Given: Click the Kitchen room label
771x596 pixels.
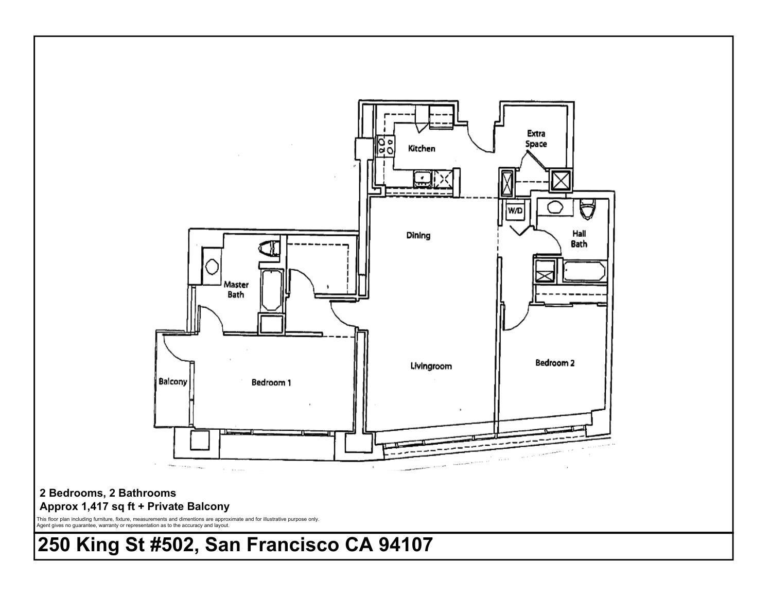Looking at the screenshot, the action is [x=422, y=149].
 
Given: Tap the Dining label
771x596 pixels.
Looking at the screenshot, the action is [x=418, y=236].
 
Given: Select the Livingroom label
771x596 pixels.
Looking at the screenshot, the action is [x=431, y=366].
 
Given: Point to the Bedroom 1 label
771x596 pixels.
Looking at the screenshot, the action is [x=271, y=382].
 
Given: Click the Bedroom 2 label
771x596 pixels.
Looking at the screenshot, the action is [x=555, y=363].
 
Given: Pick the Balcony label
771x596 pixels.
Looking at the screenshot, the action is [x=173, y=382].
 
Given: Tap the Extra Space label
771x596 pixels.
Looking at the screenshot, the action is [x=536, y=139].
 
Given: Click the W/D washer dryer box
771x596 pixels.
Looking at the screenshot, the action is [x=515, y=211].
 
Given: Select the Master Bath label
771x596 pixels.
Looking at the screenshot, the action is [x=236, y=289].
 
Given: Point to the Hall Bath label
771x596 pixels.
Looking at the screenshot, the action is [x=579, y=239].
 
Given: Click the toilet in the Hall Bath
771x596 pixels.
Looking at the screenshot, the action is [x=588, y=208].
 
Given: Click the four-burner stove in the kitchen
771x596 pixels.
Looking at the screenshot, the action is [x=385, y=146].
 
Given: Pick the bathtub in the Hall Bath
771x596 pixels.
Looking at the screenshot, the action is [x=584, y=271].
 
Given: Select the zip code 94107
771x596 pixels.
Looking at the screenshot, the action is [x=406, y=545].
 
